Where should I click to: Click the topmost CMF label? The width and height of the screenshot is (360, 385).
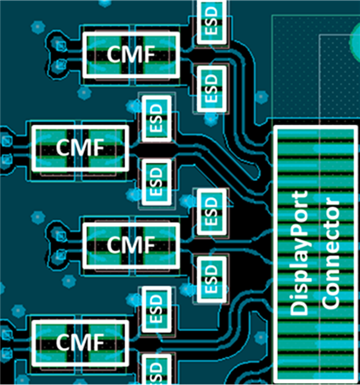pyautogui.click(x=130, y=54)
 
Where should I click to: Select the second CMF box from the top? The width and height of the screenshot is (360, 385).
pyautogui.click(x=80, y=147)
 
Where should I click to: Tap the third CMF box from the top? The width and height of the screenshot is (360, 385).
pyautogui.click(x=131, y=244)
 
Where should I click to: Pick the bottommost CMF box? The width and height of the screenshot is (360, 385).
pyautogui.click(x=80, y=343)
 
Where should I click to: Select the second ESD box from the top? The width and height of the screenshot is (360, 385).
pyautogui.click(x=211, y=87)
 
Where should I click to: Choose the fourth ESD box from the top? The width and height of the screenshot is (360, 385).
pyautogui.click(x=156, y=182)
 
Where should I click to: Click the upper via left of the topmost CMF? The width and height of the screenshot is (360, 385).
pyautogui.click(x=59, y=44)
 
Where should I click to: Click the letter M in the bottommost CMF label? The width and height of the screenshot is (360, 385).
pyautogui.click(x=80, y=343)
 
